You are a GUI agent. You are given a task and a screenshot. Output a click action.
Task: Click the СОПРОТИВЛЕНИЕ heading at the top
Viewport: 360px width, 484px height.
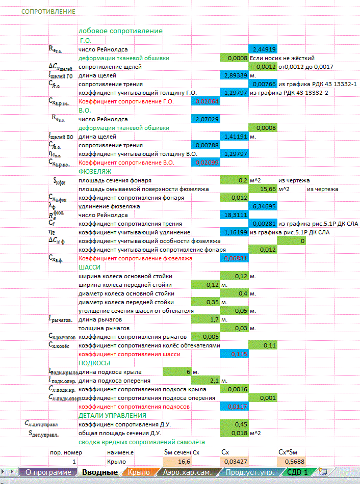pyautogui.click(x=48, y=11)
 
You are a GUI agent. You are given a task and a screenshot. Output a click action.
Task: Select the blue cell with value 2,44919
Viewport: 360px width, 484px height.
pyautogui.click(x=263, y=49)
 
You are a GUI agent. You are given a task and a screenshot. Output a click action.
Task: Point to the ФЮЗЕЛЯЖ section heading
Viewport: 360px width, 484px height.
pyautogui.click(x=95, y=171)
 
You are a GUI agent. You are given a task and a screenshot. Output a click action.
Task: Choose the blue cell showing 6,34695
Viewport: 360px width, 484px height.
pyautogui.click(x=263, y=206)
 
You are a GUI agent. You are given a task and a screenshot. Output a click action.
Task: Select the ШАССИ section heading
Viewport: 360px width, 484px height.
pyautogui.click(x=90, y=267)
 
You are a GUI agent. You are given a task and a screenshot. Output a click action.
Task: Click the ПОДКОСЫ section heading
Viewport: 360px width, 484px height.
pyautogui.click(x=95, y=362)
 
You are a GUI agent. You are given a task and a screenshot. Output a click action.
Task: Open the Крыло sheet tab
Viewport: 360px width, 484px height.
pyautogui.click(x=139, y=472)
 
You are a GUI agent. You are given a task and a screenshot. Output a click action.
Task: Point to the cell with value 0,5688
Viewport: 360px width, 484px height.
pyautogui.click(x=291, y=462)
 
